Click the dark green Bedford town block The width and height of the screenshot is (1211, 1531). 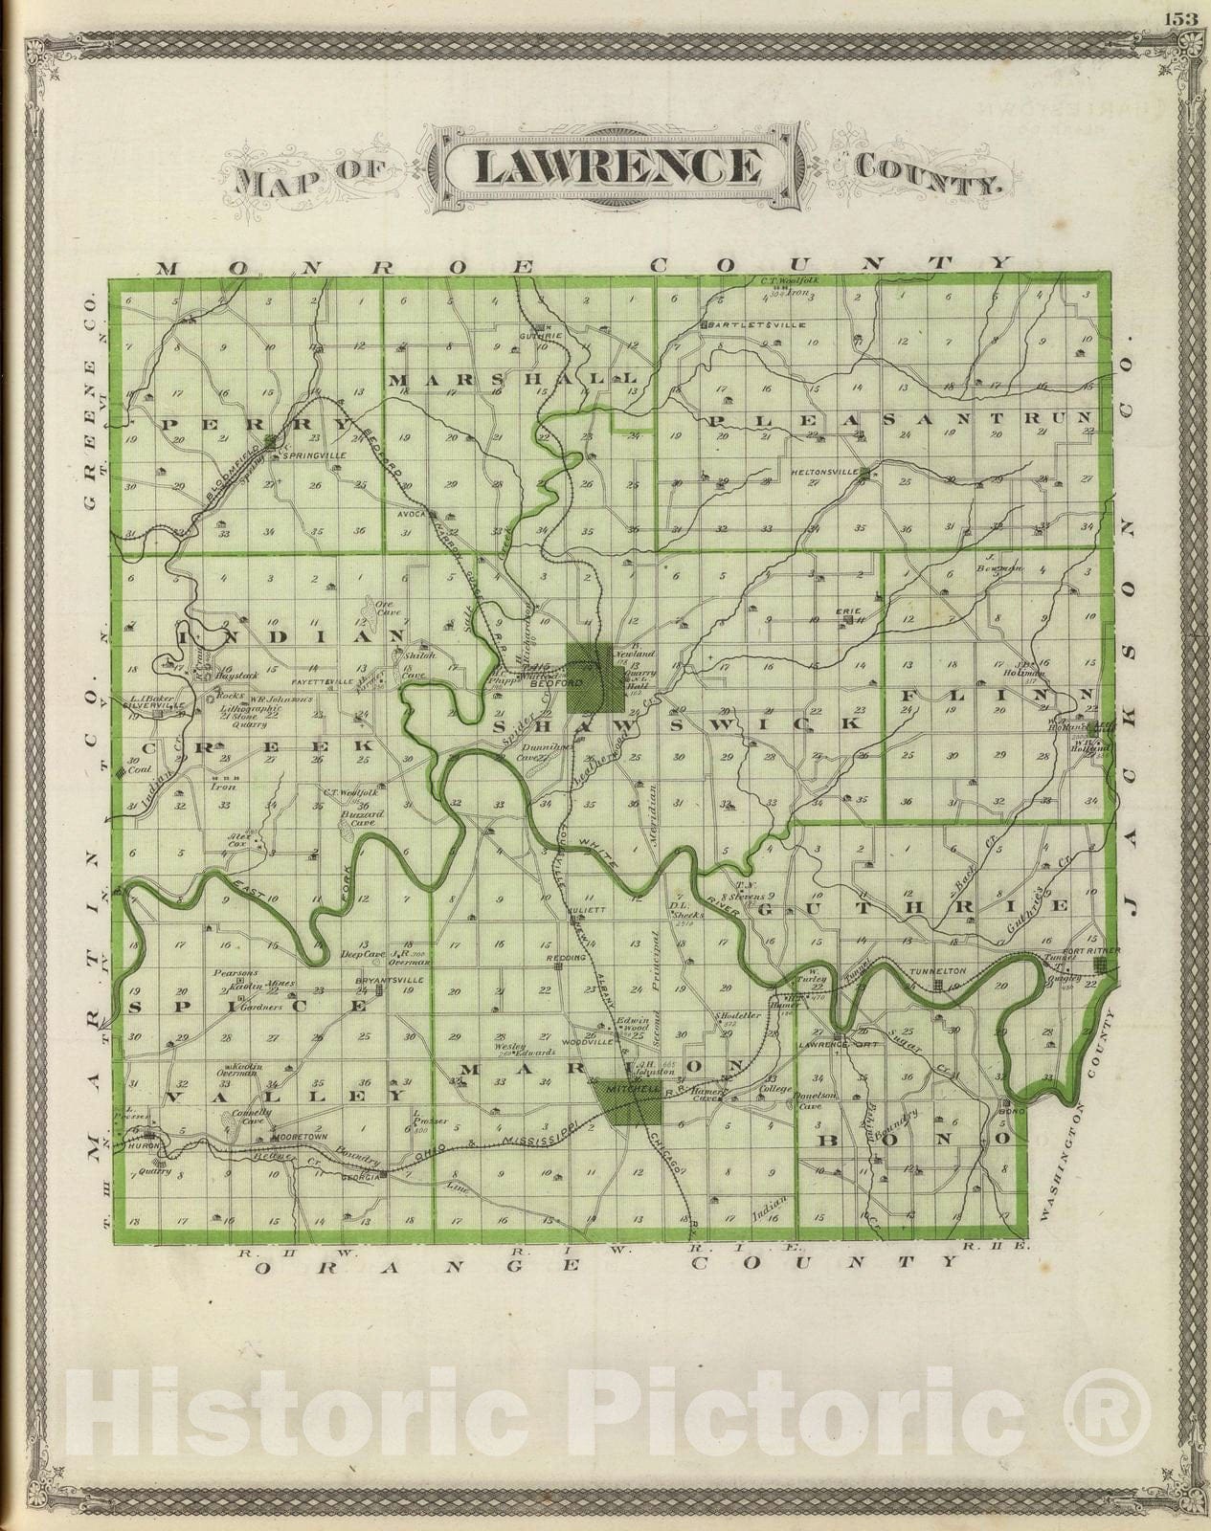590,677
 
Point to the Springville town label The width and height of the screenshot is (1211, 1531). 306,455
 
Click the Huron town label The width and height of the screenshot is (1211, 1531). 145,1145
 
